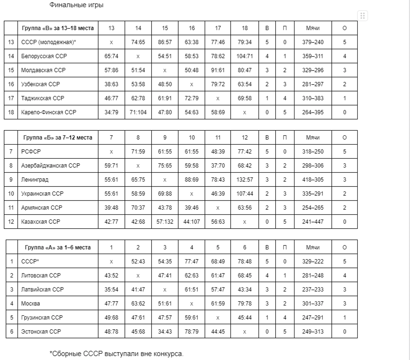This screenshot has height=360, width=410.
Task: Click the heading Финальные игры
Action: [76, 5]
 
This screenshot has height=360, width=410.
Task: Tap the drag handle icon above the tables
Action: [362, 16]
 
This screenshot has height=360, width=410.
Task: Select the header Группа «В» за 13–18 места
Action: [58, 28]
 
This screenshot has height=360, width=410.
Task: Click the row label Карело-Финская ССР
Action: [49, 112]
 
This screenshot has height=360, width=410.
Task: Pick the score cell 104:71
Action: [245, 56]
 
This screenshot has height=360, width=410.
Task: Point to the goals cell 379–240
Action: [313, 42]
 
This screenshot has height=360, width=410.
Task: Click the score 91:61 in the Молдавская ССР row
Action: [218, 70]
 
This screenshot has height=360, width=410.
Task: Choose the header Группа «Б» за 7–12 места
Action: [58, 137]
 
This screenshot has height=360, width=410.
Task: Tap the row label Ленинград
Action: [35, 180]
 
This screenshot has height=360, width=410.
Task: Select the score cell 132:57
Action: [245, 180]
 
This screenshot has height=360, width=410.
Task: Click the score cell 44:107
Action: [192, 222]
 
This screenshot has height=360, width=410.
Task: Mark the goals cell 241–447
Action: [313, 222]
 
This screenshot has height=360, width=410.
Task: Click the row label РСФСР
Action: [31, 152]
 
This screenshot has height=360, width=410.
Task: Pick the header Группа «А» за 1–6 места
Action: [58, 247]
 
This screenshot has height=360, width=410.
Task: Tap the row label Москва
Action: [31, 304]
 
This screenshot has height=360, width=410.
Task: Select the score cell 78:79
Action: [192, 332]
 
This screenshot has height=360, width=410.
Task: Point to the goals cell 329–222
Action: [313, 262]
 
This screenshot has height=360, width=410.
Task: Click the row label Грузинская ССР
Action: [42, 318]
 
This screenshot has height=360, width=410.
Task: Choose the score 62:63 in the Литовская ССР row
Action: [192, 276]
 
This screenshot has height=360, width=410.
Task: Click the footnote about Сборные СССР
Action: [116, 354]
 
